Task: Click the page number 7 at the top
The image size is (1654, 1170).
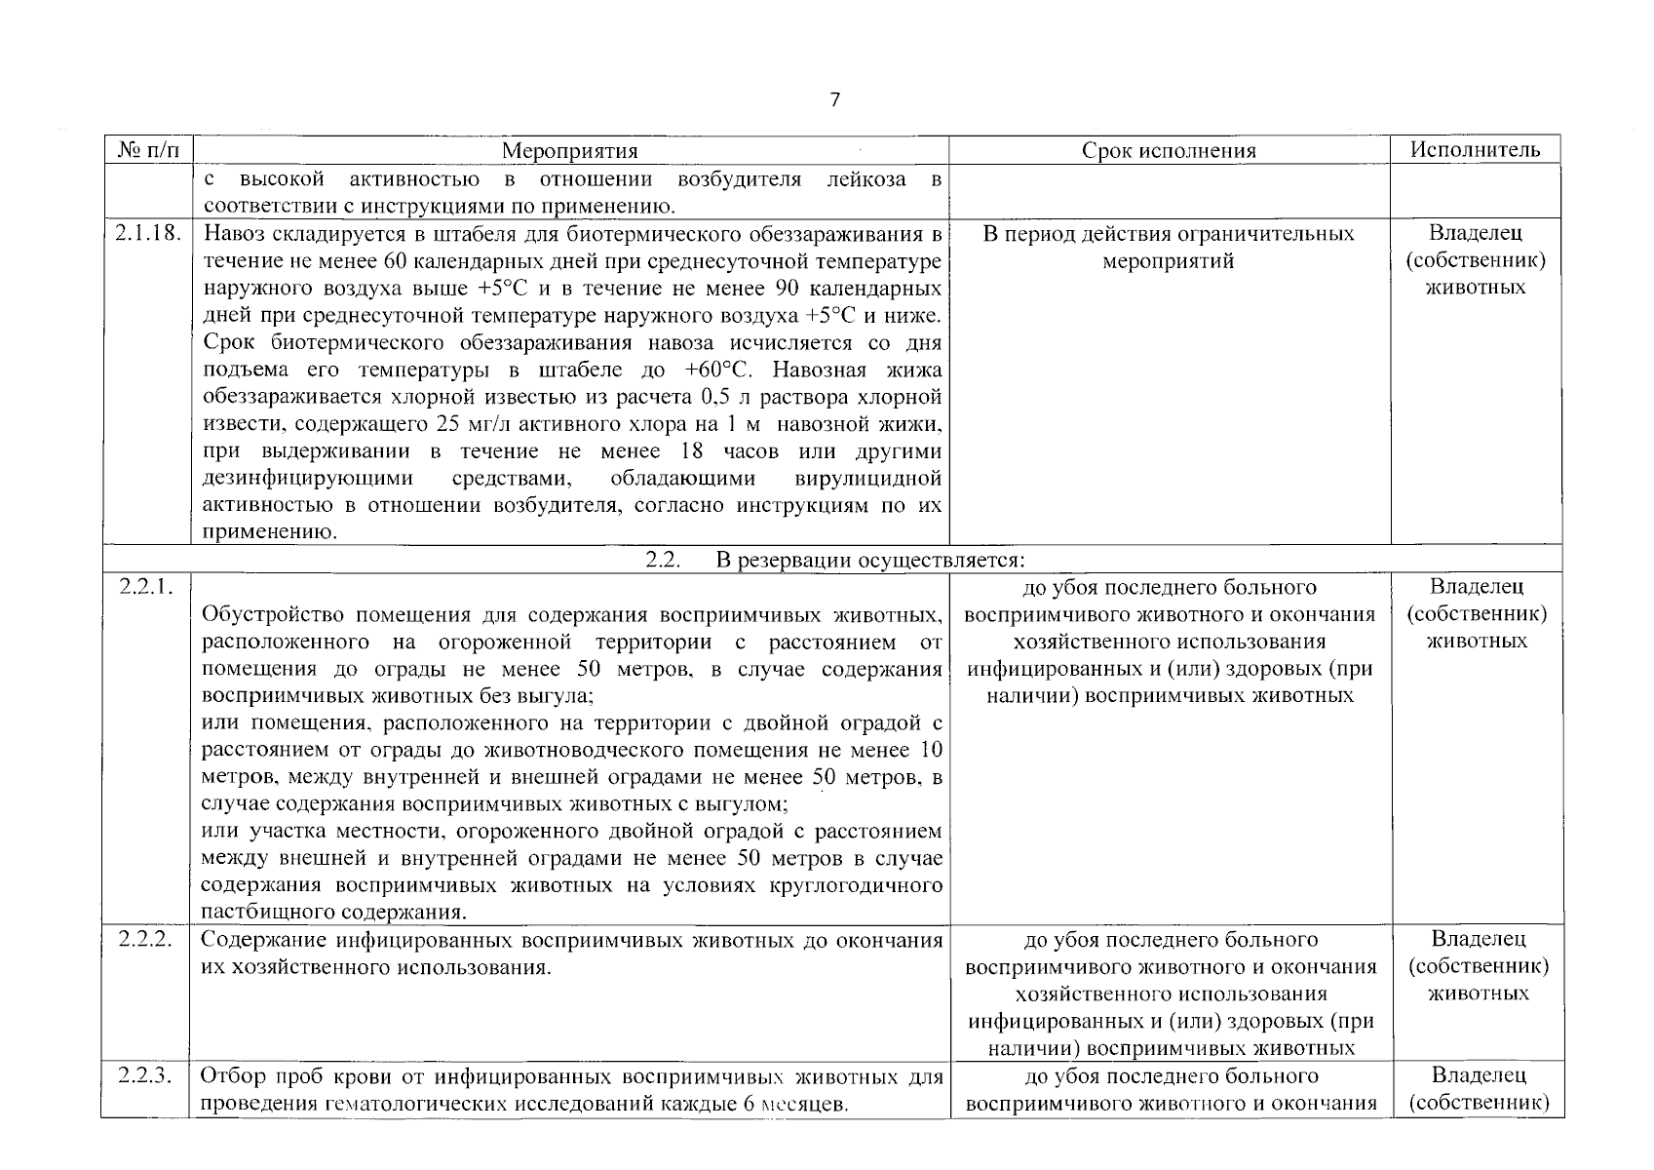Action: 834,100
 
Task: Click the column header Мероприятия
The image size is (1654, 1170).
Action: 569,150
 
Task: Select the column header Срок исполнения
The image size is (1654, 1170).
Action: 1169,150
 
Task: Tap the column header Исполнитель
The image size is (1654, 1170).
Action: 1476,149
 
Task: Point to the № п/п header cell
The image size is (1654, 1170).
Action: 147,150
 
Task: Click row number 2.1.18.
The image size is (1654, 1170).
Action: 147,234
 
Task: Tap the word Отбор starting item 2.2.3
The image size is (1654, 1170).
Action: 230,1077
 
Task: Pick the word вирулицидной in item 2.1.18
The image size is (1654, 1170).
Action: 867,479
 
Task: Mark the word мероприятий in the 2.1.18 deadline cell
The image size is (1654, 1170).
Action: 1168,261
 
